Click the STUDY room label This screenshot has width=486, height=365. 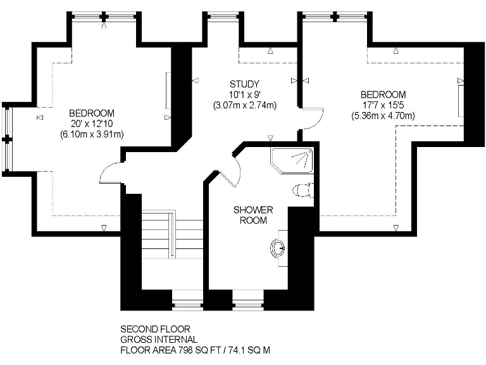[244, 84]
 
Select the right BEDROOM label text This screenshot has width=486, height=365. [383, 94]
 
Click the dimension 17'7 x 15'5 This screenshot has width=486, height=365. [383, 105]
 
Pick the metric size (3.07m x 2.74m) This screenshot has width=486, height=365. [244, 105]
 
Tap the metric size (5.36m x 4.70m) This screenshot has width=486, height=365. [383, 115]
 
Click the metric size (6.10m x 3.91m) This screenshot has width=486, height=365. [92, 134]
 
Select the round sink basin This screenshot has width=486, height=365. [278, 248]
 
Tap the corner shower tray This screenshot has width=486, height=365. [292, 160]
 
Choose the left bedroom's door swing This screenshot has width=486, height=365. [111, 172]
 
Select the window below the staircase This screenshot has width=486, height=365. [187, 305]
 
